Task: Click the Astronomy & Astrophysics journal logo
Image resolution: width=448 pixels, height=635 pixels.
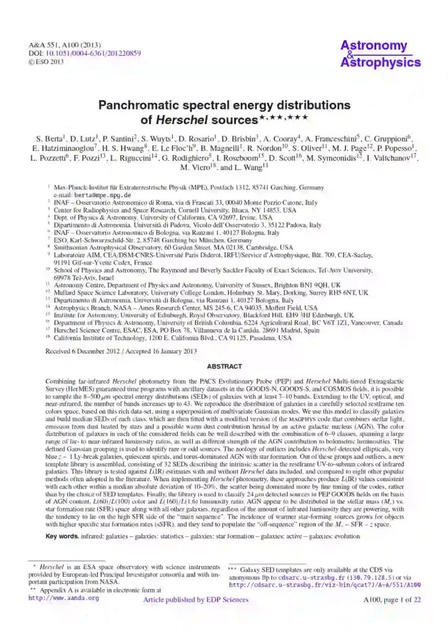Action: (x=381, y=54)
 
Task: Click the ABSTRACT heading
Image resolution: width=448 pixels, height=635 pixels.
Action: (x=224, y=366)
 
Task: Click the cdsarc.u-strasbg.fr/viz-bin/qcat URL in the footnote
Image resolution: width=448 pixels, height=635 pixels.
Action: (x=325, y=584)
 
